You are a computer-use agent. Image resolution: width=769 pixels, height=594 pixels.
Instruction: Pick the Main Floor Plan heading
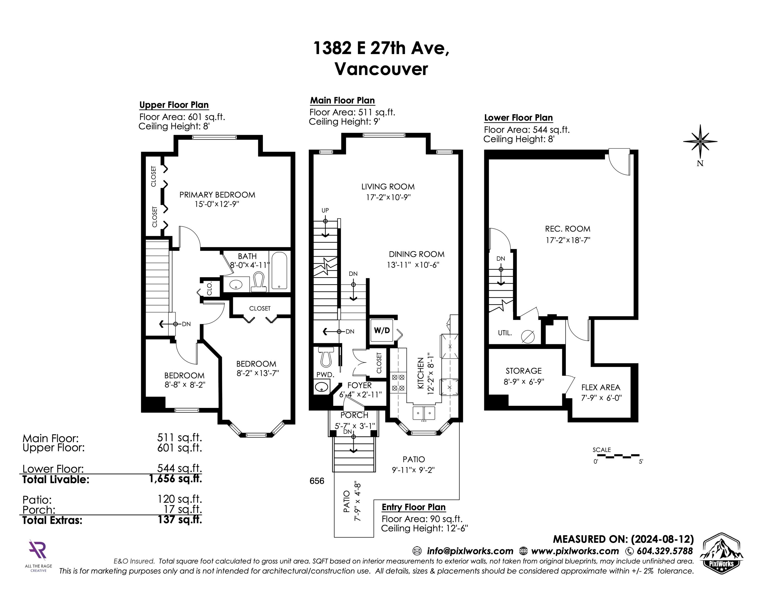[342, 101]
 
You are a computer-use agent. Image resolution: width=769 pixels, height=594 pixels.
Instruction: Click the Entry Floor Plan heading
[414, 507]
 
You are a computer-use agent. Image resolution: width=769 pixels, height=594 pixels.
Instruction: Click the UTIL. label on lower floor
[505, 333]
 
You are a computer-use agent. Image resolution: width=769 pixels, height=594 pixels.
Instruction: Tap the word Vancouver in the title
[381, 69]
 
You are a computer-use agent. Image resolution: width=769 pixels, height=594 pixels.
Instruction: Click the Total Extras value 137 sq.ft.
[180, 519]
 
